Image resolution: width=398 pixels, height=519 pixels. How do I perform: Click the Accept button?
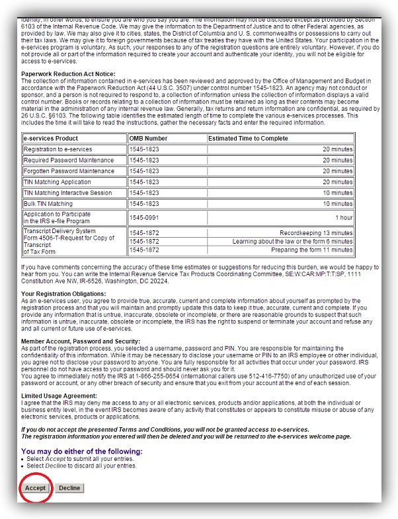35,487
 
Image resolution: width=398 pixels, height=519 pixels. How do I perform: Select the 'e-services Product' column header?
51,139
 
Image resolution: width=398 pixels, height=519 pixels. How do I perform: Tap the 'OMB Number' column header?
149,139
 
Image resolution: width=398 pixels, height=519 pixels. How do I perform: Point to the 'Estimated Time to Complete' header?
248,139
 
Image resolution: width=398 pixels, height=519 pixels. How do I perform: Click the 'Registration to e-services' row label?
58,150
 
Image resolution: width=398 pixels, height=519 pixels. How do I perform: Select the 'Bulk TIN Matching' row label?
48,204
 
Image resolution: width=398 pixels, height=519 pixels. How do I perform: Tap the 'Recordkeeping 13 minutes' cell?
316,233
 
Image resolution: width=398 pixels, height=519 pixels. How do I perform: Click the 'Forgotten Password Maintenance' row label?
69,171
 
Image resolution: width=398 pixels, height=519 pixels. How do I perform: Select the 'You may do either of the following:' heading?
81,452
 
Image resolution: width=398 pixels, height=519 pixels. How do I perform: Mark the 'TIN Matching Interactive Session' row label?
69,193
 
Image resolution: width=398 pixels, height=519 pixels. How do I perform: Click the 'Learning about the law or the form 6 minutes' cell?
292,242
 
